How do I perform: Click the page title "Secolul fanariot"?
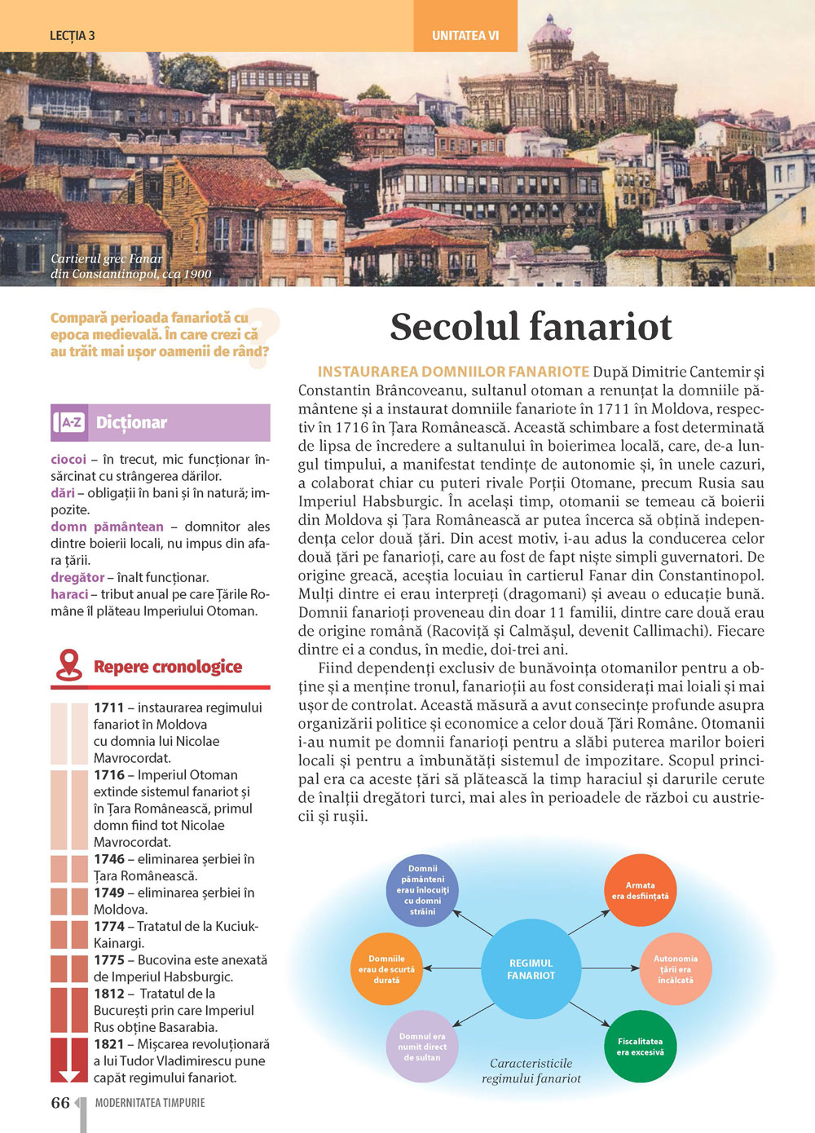(x=531, y=327)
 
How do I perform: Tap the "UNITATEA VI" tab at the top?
(x=465, y=36)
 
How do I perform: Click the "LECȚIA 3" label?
(x=72, y=36)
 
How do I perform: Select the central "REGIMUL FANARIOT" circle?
(x=531, y=969)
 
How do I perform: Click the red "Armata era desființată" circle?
(x=640, y=891)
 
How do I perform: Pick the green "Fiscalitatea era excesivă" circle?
(x=641, y=1047)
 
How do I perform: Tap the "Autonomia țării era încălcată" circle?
(x=676, y=969)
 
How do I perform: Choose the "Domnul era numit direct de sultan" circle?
(x=422, y=1047)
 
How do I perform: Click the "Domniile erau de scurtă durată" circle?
(x=386, y=969)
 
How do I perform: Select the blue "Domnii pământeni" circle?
(x=422, y=890)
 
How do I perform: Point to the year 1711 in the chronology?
(x=108, y=708)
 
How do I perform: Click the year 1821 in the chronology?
(x=108, y=1044)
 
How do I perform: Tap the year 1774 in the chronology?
(x=108, y=926)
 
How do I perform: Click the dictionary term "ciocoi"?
(x=68, y=459)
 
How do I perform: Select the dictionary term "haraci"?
(x=69, y=594)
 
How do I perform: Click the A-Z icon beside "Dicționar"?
(x=70, y=422)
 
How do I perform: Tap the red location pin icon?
(x=68, y=665)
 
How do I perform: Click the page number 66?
(x=60, y=1103)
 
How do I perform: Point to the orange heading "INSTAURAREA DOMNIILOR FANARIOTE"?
(x=453, y=372)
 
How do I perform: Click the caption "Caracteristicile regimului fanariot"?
(x=531, y=1071)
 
